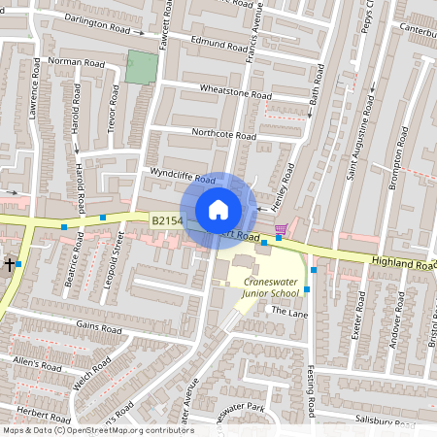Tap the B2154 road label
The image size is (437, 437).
click(167, 222)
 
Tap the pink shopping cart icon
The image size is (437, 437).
click(281, 228)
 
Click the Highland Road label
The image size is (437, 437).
click(402, 262)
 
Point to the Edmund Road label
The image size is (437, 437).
click(219, 45)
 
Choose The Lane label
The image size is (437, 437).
click(288, 311)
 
